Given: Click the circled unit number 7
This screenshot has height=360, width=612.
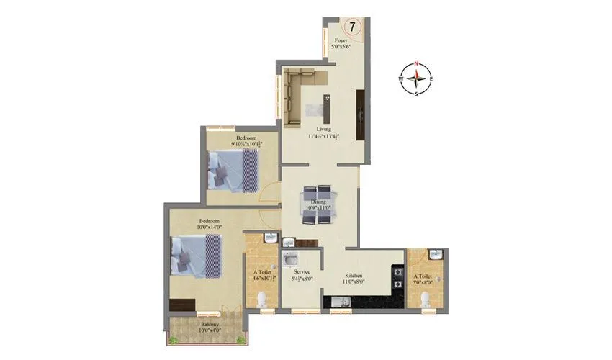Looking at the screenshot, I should pyautogui.click(x=351, y=26).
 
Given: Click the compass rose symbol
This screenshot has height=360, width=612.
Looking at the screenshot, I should pyautogui.click(x=416, y=78).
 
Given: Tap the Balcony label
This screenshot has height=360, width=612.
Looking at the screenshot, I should pyautogui.click(x=210, y=325).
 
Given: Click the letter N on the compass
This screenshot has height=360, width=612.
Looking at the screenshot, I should pyautogui.click(x=416, y=64).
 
